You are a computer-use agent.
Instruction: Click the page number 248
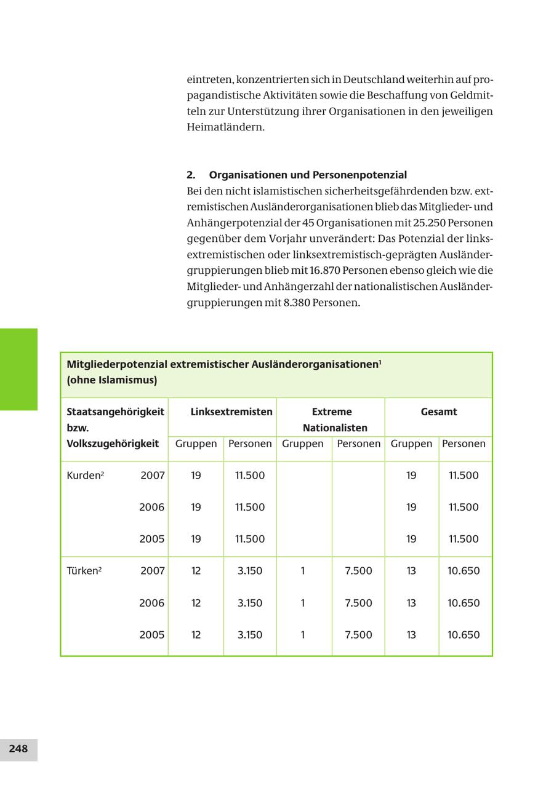[18, 749]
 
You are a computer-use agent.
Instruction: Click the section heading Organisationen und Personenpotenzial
[307, 175]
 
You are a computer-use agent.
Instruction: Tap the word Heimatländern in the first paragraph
[225, 127]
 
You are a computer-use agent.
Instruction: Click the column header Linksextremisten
[231, 412]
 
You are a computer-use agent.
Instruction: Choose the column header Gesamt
[439, 412]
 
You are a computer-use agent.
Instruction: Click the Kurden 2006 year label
[151, 508]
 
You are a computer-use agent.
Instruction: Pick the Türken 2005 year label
[151, 635]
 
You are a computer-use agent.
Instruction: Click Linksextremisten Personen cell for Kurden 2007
[250, 476]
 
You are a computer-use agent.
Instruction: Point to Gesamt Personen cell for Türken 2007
[464, 571]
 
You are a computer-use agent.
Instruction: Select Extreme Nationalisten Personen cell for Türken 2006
[358, 603]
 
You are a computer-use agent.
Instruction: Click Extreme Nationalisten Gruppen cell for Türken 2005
[303, 635]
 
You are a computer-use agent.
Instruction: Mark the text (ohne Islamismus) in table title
[112, 380]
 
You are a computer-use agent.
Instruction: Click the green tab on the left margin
[18, 369]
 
